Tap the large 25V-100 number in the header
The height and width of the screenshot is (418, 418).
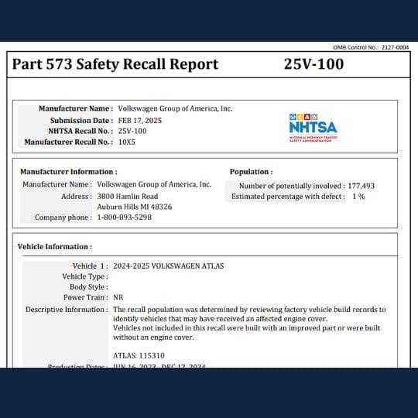click(313, 64)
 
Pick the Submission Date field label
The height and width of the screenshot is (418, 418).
click(81, 120)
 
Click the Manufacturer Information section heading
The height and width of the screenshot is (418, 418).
click(69, 171)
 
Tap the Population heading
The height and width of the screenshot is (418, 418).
click(251, 171)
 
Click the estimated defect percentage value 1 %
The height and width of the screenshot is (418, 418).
click(358, 197)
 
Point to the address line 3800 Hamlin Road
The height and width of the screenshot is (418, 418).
click(128, 197)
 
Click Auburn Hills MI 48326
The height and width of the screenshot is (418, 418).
click(135, 207)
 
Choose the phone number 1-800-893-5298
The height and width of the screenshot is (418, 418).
click(124, 218)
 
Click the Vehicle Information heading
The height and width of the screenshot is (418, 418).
click(56, 247)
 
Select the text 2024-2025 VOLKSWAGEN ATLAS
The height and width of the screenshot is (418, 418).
click(168, 266)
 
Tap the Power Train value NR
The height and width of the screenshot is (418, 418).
click(118, 297)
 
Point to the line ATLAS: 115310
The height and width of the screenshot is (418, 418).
click(139, 355)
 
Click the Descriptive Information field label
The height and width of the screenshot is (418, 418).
click(67, 309)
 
